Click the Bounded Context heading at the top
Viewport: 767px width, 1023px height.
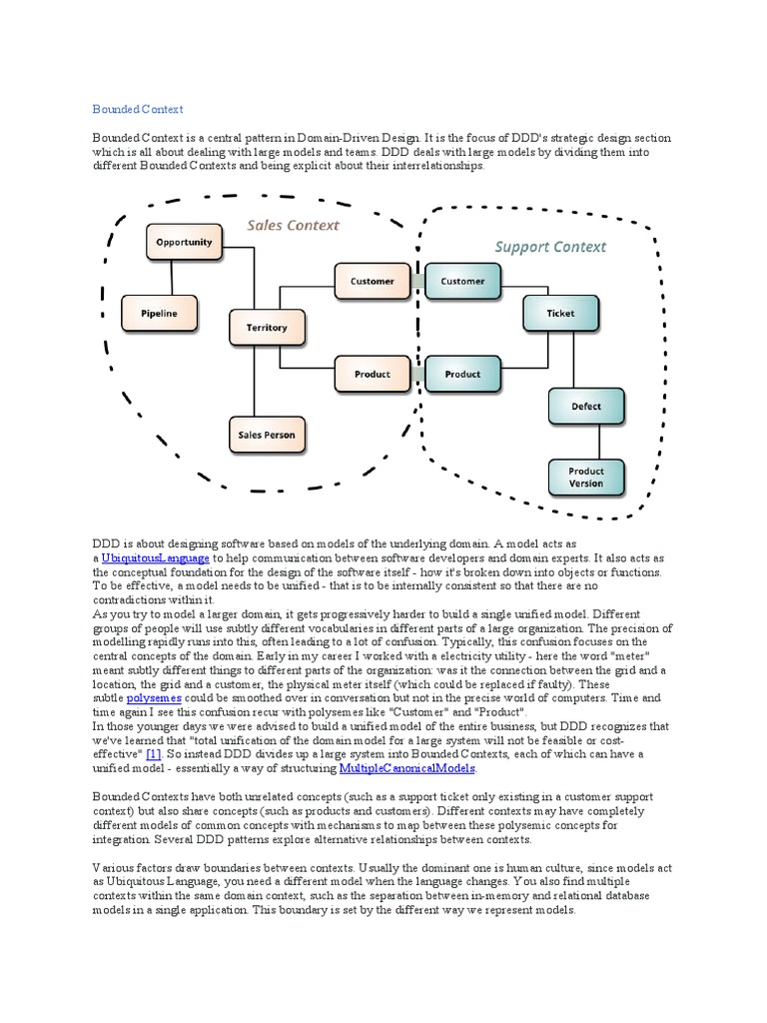(138, 109)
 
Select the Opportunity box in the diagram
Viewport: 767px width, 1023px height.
(183, 242)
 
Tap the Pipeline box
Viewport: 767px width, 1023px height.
(158, 313)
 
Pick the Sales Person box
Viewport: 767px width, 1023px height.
(267, 435)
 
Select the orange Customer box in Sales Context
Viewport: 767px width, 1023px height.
(372, 282)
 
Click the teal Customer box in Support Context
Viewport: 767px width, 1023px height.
(462, 282)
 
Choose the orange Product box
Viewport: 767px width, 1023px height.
(372, 375)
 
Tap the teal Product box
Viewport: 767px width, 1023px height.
(462, 375)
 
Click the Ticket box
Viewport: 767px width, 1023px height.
(560, 313)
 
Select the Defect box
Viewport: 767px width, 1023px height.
(586, 407)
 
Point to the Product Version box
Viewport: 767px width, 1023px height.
(586, 478)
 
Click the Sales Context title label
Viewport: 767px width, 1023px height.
(294, 226)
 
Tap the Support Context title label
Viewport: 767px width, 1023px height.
(550, 246)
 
